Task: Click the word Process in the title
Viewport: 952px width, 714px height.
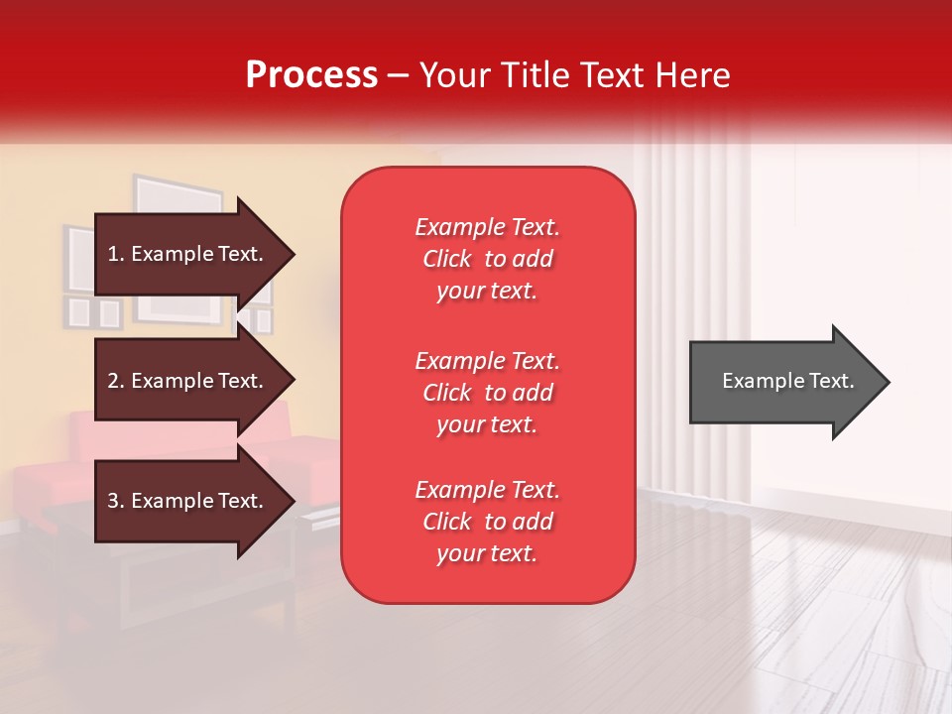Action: [x=311, y=75]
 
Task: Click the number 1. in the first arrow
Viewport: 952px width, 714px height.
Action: [x=116, y=254]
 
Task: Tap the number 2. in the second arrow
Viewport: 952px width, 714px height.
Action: [x=116, y=381]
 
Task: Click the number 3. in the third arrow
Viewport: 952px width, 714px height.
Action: [x=116, y=501]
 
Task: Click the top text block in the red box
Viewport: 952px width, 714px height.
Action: [x=487, y=259]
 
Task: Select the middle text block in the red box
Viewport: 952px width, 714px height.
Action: [x=487, y=393]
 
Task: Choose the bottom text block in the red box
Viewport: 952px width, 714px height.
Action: [x=487, y=522]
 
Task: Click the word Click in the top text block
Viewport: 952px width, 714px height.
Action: [x=446, y=259]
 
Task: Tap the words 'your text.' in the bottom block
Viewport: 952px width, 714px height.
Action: [x=487, y=553]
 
